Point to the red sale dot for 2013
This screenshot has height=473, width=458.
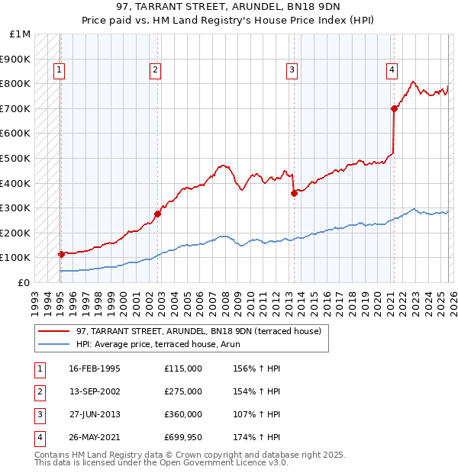294,193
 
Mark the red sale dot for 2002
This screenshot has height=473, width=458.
157,214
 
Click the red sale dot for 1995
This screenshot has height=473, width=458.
61,254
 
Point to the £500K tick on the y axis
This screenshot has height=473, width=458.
15,158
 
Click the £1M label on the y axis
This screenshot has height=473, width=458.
20,34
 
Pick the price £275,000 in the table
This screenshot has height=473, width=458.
182,391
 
